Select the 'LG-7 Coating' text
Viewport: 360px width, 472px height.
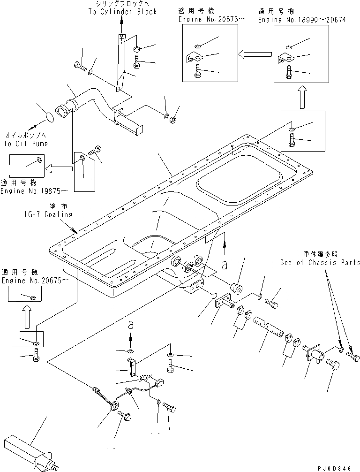click(x=49, y=214)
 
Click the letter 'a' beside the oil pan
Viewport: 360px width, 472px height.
click(x=225, y=265)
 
